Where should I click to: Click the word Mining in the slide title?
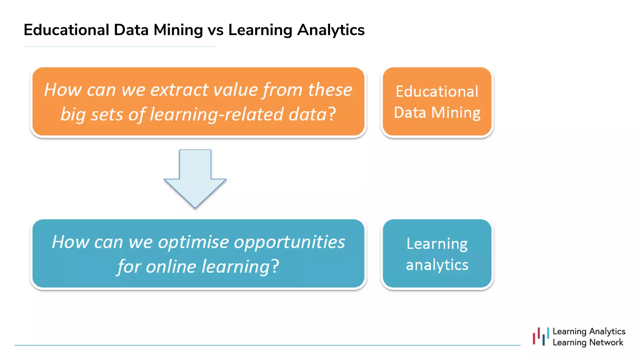pos(178,30)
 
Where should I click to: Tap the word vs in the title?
pos(215,30)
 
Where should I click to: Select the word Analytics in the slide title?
pos(331,30)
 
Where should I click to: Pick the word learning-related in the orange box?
pos(216,114)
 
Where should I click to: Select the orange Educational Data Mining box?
pos(437,102)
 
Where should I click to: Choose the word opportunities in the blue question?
pos(290,242)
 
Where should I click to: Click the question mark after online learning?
pos(275,267)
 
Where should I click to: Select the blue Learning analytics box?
pos(437,254)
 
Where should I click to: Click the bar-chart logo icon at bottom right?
pos(541,337)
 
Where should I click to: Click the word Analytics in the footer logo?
pos(607,331)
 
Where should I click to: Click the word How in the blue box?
pos(70,242)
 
